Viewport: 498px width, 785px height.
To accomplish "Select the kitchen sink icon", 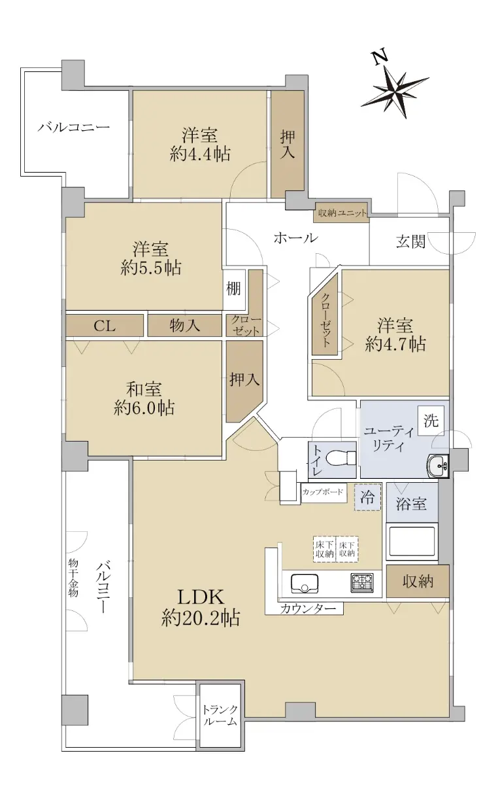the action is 305,583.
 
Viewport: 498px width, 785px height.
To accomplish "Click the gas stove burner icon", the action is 362,583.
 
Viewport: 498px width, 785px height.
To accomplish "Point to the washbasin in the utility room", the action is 437,465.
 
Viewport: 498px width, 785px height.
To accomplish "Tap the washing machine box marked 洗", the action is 431,421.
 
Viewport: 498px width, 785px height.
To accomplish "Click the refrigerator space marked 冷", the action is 367,497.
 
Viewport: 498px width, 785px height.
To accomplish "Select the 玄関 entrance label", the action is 410,241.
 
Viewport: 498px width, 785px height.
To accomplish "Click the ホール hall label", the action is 295,238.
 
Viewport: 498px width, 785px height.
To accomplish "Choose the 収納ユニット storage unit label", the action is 342,213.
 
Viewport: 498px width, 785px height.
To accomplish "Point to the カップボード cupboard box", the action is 323,492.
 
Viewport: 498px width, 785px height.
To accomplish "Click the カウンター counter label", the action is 308,608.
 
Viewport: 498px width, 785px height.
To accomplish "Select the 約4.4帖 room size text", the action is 200,154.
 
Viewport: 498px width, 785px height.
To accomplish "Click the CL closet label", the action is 105,326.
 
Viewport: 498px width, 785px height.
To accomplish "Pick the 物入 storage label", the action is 185,326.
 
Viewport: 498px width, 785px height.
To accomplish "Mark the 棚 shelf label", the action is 233,288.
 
